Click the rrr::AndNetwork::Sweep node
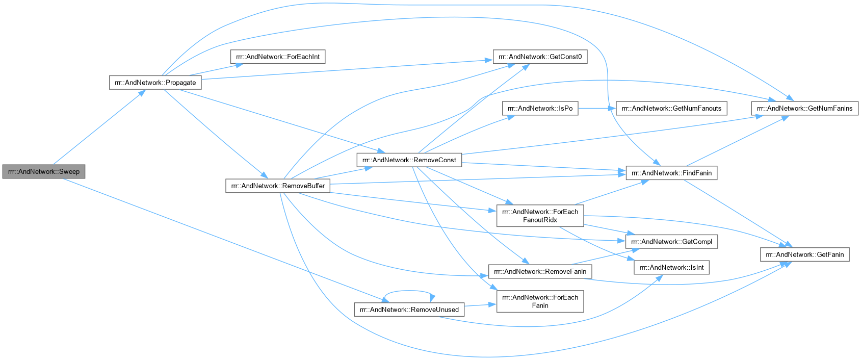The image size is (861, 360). tap(43, 171)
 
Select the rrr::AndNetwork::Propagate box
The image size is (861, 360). tap(155, 83)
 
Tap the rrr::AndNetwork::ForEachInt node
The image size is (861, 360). tap(278, 57)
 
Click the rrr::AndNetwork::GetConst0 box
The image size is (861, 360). tap(540, 57)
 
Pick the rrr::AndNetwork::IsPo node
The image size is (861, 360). tap(540, 109)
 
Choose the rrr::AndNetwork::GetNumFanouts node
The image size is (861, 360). tap(671, 109)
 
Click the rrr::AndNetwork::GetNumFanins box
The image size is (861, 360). tap(804, 109)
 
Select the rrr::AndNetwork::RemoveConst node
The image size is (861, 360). tap(409, 160)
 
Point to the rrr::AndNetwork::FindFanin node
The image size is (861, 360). tap(671, 173)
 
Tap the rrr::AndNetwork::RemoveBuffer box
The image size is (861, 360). tap(278, 186)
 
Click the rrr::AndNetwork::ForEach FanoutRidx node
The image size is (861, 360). tap(540, 216)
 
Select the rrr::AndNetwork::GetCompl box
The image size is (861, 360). tap(671, 242)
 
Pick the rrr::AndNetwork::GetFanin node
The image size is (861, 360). tap(804, 254)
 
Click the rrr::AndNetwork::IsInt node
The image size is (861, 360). tap(671, 268)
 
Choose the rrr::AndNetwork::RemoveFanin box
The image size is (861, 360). tap(540, 271)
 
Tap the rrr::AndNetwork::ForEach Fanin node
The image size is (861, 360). tap(540, 301)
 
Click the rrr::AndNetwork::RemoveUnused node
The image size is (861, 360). tap(409, 310)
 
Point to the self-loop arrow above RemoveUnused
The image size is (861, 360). tap(409, 291)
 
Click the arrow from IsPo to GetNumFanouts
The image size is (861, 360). tap(597, 109)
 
